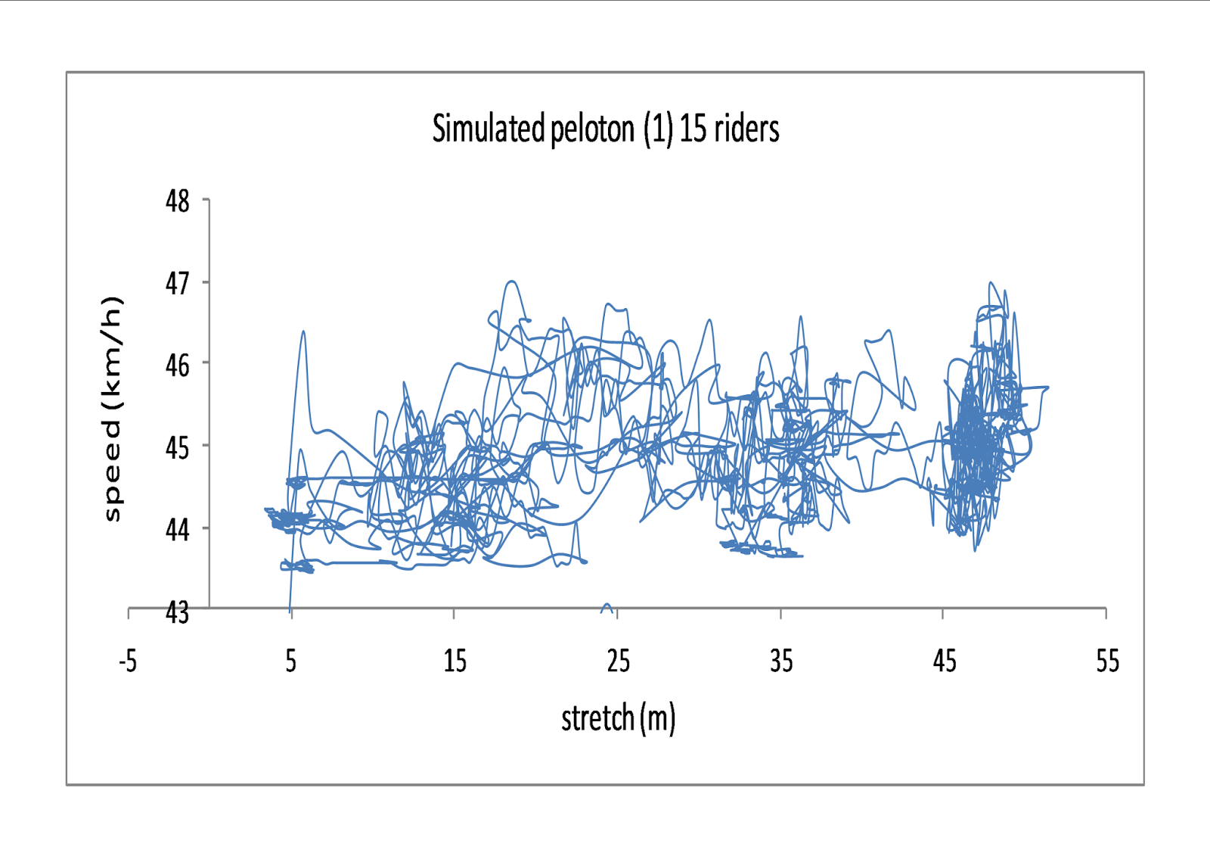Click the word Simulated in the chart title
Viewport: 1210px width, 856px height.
click(x=488, y=129)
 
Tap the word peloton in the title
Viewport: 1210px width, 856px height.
click(x=592, y=129)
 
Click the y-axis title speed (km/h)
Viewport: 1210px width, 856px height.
click(x=112, y=409)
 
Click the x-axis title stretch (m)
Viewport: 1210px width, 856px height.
click(x=618, y=718)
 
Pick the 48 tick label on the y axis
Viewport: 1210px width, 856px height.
click(x=178, y=201)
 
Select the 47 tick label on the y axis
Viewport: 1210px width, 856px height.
click(x=178, y=284)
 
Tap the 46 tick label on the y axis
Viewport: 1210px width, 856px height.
click(x=178, y=366)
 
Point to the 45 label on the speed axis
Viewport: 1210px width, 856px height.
click(x=178, y=447)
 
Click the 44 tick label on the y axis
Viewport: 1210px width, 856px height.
click(x=178, y=529)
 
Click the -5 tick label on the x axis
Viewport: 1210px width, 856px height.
click(x=128, y=662)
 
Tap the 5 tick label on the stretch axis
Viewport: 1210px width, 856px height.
click(x=291, y=662)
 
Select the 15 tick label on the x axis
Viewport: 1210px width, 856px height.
click(x=455, y=662)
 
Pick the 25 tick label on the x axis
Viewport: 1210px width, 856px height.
click(x=618, y=662)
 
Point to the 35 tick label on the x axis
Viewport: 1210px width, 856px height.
click(x=781, y=662)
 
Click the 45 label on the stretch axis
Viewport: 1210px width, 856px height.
click(x=945, y=662)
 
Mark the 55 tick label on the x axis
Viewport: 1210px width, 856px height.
click(x=1107, y=662)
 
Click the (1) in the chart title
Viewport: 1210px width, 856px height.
click(x=658, y=129)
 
